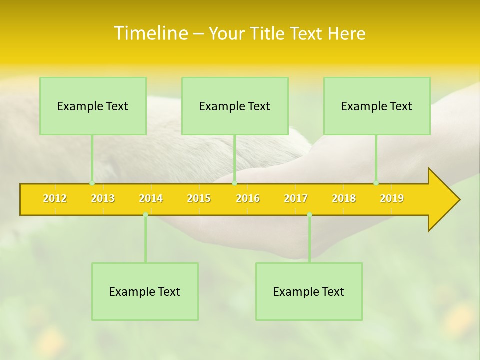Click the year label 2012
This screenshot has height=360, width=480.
55,198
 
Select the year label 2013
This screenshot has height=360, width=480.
103,198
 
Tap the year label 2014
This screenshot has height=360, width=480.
151,198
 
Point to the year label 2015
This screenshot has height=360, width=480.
199,198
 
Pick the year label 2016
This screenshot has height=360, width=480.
248,198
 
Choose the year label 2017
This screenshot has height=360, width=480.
296,198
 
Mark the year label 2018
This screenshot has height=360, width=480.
344,198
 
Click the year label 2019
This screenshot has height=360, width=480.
392,198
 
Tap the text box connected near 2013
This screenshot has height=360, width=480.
93,106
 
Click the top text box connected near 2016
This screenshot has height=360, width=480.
235,106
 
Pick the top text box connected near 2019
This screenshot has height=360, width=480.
377,106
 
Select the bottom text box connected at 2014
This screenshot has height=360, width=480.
145,291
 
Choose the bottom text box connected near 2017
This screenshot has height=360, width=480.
309,291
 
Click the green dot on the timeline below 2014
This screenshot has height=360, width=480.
145,215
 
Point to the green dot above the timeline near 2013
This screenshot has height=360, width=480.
92,183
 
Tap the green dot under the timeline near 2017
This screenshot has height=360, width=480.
309,215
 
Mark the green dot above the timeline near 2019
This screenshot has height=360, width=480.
376,183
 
